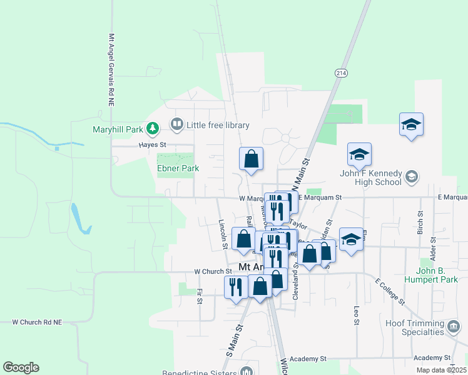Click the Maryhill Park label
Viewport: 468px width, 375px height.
tap(110, 130)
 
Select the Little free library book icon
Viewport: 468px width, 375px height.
tap(177, 125)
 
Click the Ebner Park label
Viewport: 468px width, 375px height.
tap(178, 168)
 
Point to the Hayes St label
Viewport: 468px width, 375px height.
tap(152, 144)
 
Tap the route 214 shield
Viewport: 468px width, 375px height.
tap(340, 73)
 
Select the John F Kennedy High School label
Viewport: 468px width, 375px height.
tap(370, 178)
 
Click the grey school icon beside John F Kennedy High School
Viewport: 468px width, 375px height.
tap(412, 176)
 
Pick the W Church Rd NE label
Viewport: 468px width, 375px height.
tap(38, 322)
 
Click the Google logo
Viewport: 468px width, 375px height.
tap(21, 367)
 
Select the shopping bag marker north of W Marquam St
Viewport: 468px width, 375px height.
tap(251, 159)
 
